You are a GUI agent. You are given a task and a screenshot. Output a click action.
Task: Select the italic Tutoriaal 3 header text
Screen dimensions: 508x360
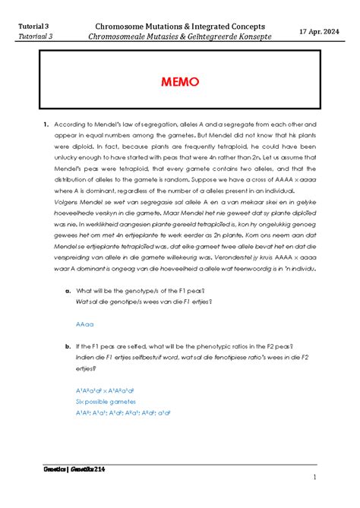pyautogui.click(x=31, y=36)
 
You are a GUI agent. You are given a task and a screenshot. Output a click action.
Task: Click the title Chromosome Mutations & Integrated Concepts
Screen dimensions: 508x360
pyautogui.click(x=179, y=25)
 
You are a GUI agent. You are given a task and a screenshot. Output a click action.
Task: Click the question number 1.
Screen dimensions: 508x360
pyautogui.click(x=46, y=123)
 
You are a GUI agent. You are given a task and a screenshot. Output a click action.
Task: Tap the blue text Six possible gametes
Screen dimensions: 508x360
pyautogui.click(x=106, y=401)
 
